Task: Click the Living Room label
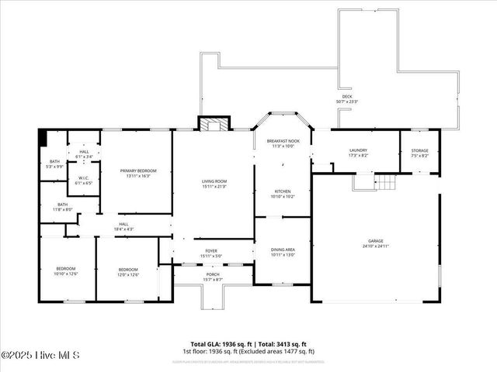pyautogui.click(x=213, y=184)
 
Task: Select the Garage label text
pyautogui.click(x=377, y=243)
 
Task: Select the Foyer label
pyautogui.click(x=211, y=253)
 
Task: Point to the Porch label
pyautogui.click(x=212, y=276)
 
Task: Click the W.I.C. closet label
pyautogui.click(x=84, y=181)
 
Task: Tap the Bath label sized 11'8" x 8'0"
pyautogui.click(x=62, y=207)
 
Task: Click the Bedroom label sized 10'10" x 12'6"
pyautogui.click(x=65, y=271)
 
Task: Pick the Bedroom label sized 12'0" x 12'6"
pyautogui.click(x=128, y=271)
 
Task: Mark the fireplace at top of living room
pyautogui.click(x=213, y=125)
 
